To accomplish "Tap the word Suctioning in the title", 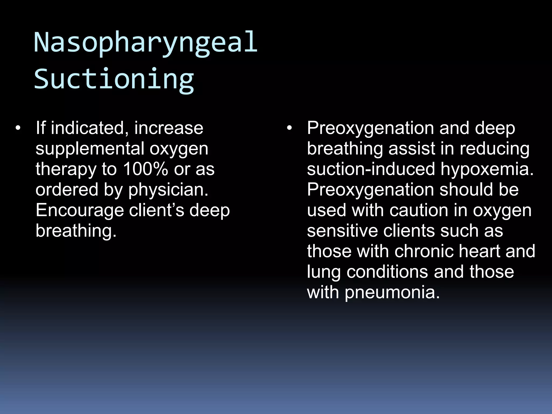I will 114,79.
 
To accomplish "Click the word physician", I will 168,190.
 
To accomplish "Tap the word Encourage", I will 80,211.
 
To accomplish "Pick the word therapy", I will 66,169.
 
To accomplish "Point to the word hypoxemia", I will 487,169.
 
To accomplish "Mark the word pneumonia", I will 392,292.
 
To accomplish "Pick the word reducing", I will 495,149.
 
